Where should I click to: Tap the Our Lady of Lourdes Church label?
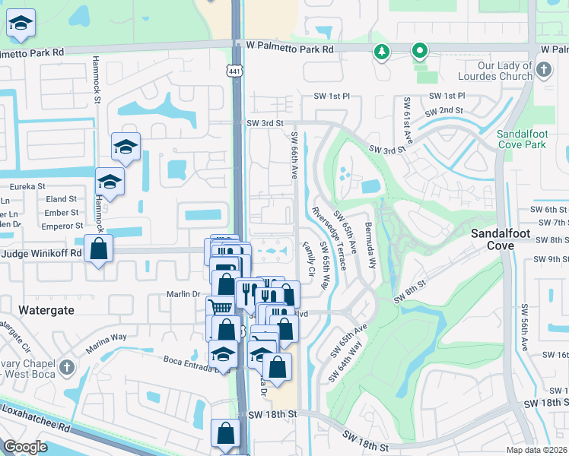pos(494,71)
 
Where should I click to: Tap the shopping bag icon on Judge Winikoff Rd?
pos(99,249)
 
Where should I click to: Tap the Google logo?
pos(26,446)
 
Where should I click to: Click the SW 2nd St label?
pos(443,111)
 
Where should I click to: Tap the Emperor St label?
pos(63,226)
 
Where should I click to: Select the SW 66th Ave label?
pos(294,156)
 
